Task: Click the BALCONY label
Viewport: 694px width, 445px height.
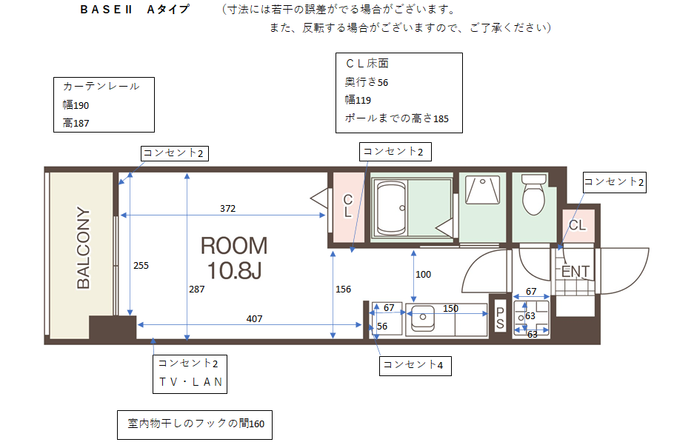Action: (x=83, y=248)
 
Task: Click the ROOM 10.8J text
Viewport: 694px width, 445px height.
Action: (x=234, y=258)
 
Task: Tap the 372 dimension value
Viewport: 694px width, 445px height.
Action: (x=228, y=208)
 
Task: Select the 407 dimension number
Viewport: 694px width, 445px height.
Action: (x=255, y=318)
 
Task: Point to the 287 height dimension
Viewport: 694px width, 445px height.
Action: (x=197, y=290)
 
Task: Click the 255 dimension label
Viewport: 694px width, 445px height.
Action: (x=141, y=265)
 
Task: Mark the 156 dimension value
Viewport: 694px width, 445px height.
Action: (x=343, y=290)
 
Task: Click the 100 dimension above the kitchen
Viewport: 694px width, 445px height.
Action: (x=423, y=274)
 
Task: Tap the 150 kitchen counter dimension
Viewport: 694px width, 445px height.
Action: (x=450, y=308)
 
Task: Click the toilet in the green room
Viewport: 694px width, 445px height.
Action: (x=534, y=194)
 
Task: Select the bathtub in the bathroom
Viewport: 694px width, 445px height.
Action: (x=391, y=208)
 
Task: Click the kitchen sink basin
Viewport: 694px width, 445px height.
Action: (x=423, y=318)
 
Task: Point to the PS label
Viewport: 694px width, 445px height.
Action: (x=500, y=318)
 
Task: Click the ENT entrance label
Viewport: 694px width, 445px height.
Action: (x=575, y=271)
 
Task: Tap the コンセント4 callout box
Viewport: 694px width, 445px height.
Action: (x=416, y=366)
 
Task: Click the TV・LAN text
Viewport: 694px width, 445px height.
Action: (x=191, y=382)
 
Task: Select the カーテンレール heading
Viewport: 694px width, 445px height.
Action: (x=101, y=86)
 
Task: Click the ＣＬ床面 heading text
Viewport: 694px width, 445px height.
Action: (x=367, y=64)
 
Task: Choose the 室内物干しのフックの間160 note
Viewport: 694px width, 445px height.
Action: (x=196, y=424)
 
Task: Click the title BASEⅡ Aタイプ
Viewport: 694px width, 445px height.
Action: (x=135, y=10)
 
